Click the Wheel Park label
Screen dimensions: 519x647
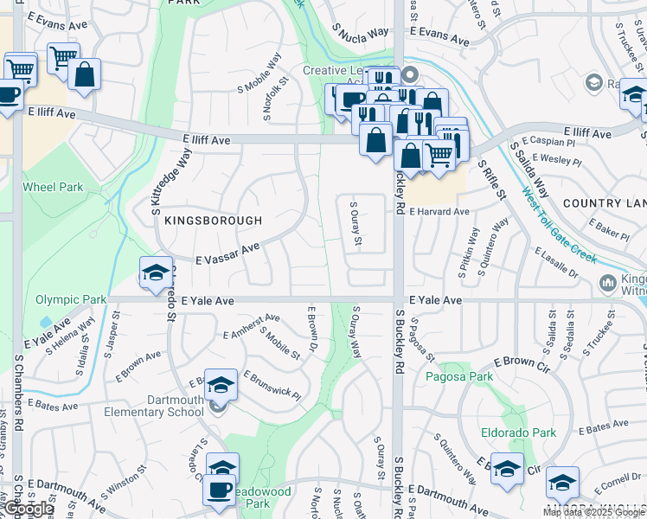(x=53, y=187)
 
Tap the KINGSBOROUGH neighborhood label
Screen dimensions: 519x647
(x=213, y=221)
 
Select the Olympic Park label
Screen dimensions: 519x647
(x=71, y=300)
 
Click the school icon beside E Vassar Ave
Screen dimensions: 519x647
(x=155, y=272)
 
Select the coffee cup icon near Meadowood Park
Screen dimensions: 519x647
(x=218, y=490)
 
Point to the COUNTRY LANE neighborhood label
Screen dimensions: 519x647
(x=605, y=203)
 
